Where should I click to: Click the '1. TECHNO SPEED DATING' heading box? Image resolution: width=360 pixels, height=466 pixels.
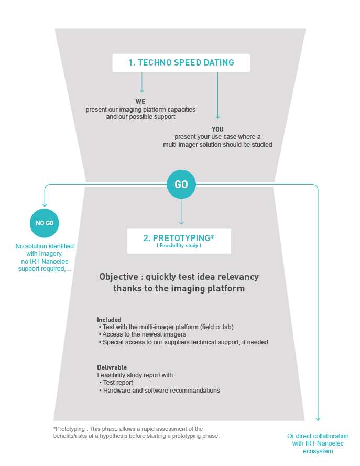181,63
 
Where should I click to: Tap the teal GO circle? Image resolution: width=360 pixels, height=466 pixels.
181,185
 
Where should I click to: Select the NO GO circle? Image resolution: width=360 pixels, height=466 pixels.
45,223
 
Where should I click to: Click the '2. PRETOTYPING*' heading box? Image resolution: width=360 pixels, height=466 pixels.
179,240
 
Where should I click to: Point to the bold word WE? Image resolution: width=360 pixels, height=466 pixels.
140,101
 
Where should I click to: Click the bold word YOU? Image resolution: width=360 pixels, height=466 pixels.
217,129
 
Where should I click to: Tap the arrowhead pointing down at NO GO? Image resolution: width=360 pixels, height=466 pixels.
45,203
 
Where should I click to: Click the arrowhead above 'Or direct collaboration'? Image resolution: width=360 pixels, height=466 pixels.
318,418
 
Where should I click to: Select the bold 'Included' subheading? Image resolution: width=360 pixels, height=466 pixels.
109,319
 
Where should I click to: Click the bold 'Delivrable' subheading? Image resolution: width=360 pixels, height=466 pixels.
112,367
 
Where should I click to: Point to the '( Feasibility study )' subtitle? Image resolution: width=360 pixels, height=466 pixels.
179,245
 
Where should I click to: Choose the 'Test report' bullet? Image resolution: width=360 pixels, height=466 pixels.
118,383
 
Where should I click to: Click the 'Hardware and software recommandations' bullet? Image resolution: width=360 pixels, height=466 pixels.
161,391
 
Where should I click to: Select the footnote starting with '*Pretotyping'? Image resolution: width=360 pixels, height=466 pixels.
136,432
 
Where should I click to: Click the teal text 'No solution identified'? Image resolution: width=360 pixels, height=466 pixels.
45,246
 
